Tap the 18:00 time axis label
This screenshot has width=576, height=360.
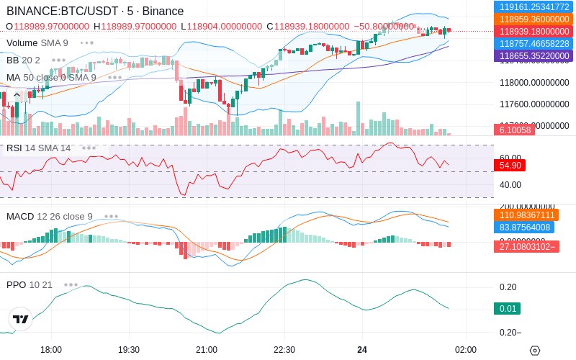pos(51,349)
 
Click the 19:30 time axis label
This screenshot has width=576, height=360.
pos(129,349)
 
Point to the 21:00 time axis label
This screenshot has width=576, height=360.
pos(207,349)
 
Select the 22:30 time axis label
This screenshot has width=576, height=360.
pos(284,349)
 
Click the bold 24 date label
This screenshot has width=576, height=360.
pos(362,349)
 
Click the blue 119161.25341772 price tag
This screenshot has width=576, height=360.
pos(534,6)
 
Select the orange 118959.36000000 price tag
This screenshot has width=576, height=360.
pos(534,19)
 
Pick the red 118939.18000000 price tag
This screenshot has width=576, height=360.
pos(534,31)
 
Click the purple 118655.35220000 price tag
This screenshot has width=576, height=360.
pos(534,55)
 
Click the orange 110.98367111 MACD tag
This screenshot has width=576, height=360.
pos(526,215)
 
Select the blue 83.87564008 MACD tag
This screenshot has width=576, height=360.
pos(526,227)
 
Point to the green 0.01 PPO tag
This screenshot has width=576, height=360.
pos(506,309)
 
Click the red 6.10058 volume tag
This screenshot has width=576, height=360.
pos(514,130)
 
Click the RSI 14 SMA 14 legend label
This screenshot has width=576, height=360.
pos(39,148)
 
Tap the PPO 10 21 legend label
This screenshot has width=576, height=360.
pos(30,284)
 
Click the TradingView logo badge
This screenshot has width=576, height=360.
pos(20,319)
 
